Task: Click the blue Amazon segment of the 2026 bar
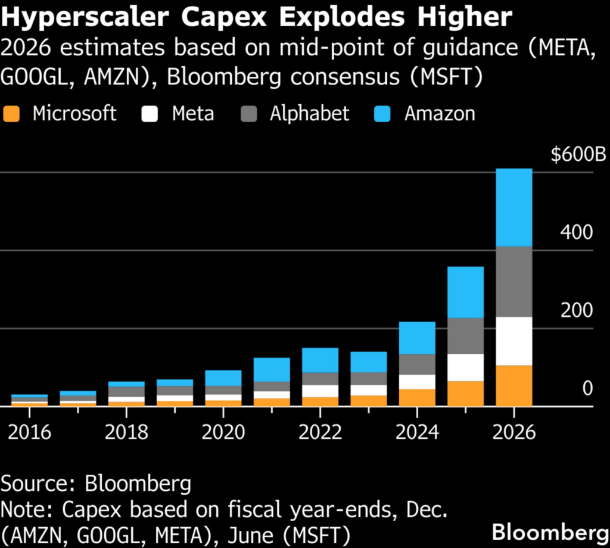tap(513, 207)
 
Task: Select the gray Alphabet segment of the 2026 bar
tap(513, 281)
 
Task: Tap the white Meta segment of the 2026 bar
tap(513, 341)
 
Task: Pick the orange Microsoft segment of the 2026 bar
tap(513, 385)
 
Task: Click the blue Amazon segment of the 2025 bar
tap(465, 292)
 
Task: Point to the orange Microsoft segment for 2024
tap(417, 397)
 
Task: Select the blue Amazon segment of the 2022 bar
tap(320, 360)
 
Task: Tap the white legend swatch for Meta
tap(150, 113)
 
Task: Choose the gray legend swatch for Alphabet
tap(249, 113)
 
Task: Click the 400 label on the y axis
tap(576, 233)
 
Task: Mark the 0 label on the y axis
tap(587, 389)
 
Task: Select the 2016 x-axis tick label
tap(30, 432)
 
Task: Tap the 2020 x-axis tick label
tap(223, 432)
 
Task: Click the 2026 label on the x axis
tap(513, 432)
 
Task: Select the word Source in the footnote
tap(37, 484)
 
